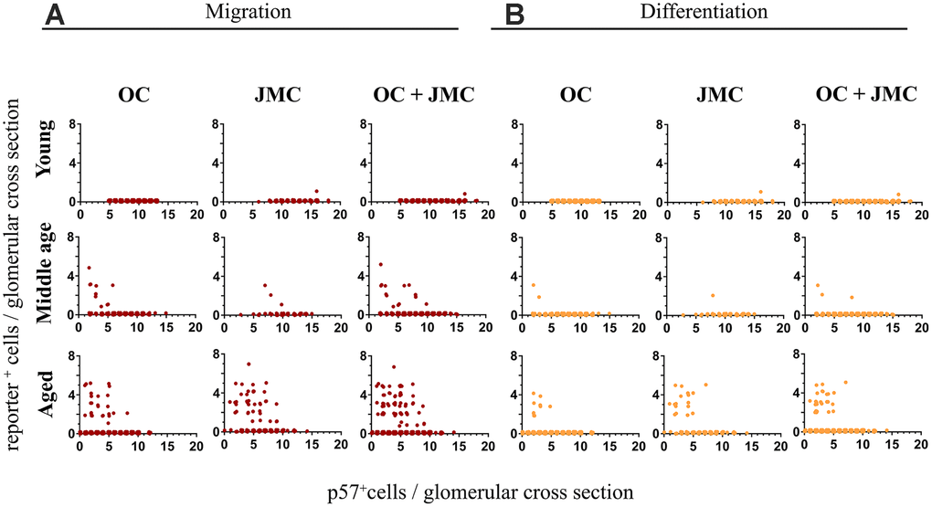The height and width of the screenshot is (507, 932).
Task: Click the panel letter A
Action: tap(55, 16)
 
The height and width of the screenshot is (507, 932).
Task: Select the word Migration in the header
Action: tap(248, 14)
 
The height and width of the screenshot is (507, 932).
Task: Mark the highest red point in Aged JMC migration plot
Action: tap(248, 364)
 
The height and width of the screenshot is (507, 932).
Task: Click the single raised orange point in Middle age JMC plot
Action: tap(712, 295)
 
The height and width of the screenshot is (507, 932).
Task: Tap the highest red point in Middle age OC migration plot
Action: tap(89, 268)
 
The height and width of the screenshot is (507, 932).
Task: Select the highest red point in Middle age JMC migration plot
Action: tap(265, 285)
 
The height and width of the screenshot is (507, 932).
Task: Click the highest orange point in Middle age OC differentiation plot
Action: tap(533, 285)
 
